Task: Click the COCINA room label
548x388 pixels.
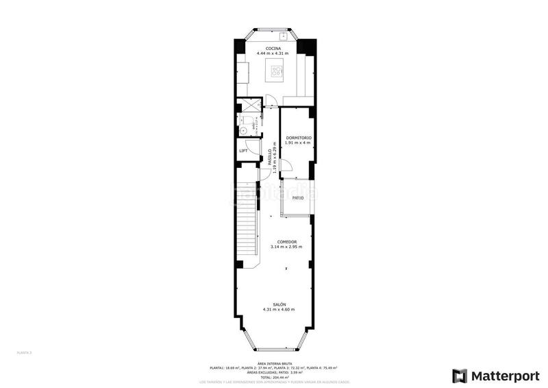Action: coord(273,48)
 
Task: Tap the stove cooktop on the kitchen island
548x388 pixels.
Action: coord(277,69)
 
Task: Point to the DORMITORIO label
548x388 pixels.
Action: coord(299,138)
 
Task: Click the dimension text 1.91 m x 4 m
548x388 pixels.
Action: coord(299,143)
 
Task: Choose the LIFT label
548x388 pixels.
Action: coord(243,151)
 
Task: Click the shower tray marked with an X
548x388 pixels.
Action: coord(245,106)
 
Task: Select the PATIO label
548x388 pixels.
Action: coord(298,197)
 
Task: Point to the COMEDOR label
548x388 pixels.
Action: coord(286,241)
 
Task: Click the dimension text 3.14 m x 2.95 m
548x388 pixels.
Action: coord(286,247)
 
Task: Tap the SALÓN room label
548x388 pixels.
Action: coord(279,304)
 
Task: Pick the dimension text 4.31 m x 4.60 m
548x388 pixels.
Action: coord(279,310)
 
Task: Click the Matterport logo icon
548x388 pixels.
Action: coord(458,376)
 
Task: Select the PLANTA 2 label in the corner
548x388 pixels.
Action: coord(25,352)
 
